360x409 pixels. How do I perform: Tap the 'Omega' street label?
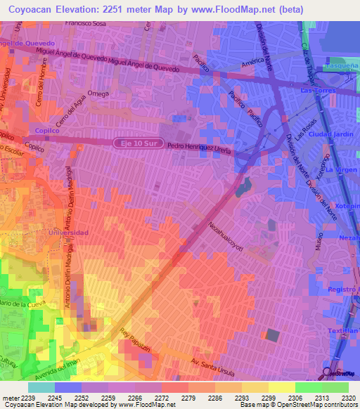click(98, 95)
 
